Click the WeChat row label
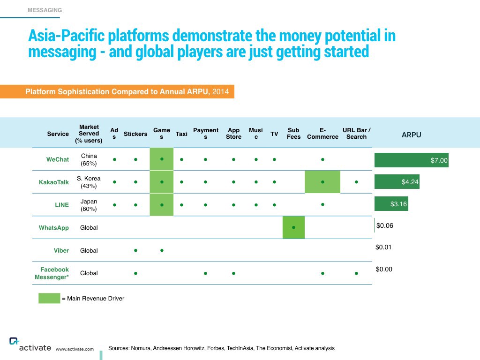click(58, 159)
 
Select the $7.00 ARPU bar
click(412, 160)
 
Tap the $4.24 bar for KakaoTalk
click(397, 182)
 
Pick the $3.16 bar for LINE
click(391, 204)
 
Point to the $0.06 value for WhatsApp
click(385, 225)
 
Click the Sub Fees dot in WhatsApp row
click(293, 227)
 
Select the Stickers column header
click(135, 134)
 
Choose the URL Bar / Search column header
click(356, 134)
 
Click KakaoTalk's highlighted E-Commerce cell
click(322, 182)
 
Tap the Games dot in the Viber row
click(162, 250)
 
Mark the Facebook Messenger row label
click(52, 273)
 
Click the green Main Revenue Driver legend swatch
click(49, 298)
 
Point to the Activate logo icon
click(14, 341)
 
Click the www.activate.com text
click(75, 349)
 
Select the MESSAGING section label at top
click(45, 10)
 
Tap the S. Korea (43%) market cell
click(89, 182)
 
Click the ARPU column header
click(412, 135)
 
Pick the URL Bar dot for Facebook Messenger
click(356, 273)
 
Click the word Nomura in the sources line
click(141, 348)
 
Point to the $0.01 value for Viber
click(383, 247)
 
